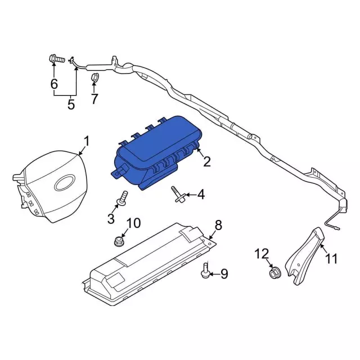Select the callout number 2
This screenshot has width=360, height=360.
[x=207, y=163]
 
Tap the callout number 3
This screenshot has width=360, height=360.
[x=111, y=218]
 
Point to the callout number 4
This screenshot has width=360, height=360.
[x=200, y=196]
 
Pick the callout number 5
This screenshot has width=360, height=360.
[x=71, y=105]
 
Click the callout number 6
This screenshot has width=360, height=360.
[x=54, y=84]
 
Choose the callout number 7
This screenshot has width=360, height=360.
[x=94, y=99]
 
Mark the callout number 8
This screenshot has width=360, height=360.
[x=218, y=226]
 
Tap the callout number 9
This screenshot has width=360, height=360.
[x=224, y=274]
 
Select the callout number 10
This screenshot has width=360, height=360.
[x=133, y=223]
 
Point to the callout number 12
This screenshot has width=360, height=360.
[x=262, y=254]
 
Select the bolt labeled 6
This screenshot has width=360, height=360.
[x=55, y=58]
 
